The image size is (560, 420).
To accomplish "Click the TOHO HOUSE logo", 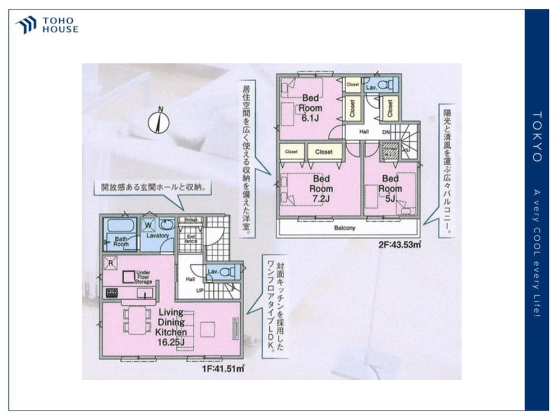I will coord(47,25).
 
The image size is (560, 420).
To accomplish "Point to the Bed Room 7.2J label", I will coord(321,189).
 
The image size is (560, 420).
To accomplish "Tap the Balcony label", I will coord(345,228).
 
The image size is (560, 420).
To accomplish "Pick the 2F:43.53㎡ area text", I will coord(400,245).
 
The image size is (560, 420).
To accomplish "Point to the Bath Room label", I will coord(122,241).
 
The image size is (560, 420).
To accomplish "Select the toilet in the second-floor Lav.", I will coord(385,85).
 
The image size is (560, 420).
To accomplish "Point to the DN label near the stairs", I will coord(385,133).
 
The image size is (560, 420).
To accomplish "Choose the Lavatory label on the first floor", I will coord(157,236).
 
